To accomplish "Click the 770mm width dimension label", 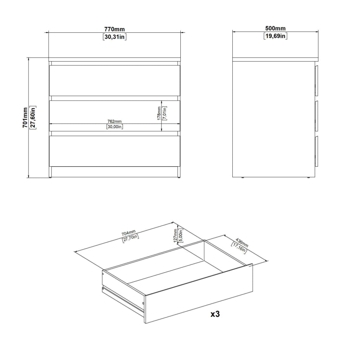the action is [115, 29].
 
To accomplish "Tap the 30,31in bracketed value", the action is [115, 37].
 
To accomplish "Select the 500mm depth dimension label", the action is [275, 28].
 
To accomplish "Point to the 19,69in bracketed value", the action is [275, 36].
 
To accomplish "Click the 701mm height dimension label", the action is [25, 117].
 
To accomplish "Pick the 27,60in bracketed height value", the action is [33, 117].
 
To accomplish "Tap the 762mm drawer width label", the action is [115, 121].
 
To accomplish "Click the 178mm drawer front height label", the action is [159, 114].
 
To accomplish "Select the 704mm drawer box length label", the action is [129, 233].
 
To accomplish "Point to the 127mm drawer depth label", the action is [176, 236].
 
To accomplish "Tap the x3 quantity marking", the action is [215, 314].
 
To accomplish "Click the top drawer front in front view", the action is [114, 81].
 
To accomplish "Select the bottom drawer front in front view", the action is [114, 151].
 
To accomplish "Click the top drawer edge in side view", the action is [317, 81].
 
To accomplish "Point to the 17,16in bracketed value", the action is [239, 248].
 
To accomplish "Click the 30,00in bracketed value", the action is [115, 127].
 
